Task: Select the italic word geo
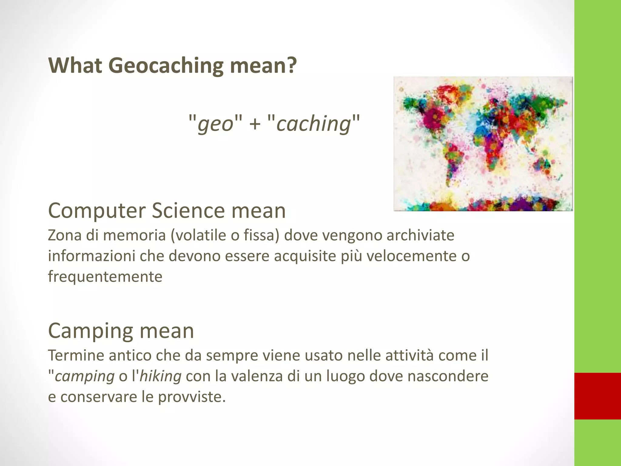[x=215, y=124]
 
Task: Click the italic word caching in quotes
[x=313, y=124]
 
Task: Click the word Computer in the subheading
[x=97, y=211]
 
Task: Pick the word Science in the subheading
[x=188, y=211]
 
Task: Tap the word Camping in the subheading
[x=91, y=331]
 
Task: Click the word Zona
[x=65, y=235]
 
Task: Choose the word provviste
[x=192, y=397]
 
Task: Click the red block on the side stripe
[x=597, y=396]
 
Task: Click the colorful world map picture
[x=483, y=144]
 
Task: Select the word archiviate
[x=420, y=235]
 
